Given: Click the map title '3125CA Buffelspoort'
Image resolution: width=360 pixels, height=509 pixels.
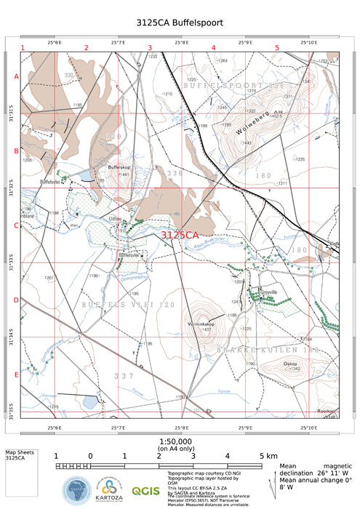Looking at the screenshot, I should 180,23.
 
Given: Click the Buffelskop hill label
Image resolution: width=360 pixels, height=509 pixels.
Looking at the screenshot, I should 119,167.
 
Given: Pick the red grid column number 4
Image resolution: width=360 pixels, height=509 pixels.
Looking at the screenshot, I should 214,48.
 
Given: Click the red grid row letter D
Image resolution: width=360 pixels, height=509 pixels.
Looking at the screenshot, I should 16,300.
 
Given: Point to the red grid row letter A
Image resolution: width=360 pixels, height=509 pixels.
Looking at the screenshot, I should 16,76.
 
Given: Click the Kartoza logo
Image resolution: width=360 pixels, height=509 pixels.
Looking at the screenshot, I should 109,490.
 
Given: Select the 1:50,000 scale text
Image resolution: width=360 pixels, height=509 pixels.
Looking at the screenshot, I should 175,441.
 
